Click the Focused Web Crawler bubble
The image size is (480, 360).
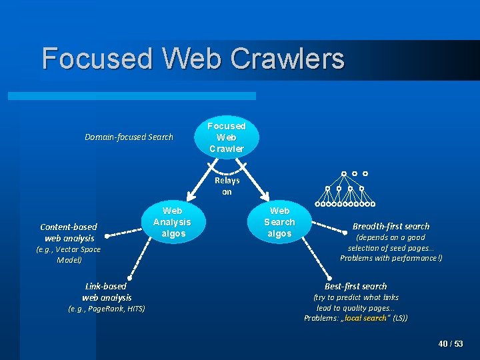coord(227,137)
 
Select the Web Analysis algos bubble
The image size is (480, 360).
coord(172,222)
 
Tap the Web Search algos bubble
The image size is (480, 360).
coord(279,222)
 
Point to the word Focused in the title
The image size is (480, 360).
coord(97,59)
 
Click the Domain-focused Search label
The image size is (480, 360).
coord(129,137)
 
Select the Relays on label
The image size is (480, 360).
coord(227,186)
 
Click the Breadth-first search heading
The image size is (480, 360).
coord(391,226)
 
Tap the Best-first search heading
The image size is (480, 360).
coord(355,286)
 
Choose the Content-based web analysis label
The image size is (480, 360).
coord(69,232)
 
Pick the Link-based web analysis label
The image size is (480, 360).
coord(106,291)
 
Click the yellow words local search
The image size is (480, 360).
coord(365,318)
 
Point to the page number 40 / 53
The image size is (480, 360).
coord(451,344)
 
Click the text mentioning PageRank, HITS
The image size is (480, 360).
coord(107,309)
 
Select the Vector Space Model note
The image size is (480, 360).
coord(68,255)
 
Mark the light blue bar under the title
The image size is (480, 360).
coord(141,96)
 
